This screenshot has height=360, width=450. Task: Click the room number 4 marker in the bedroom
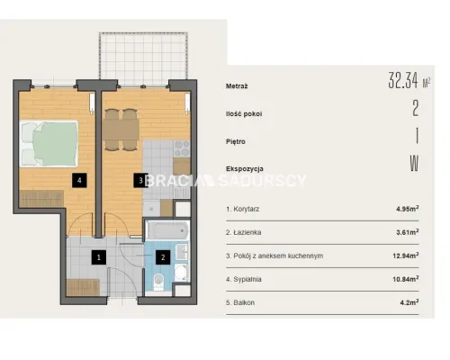[x=79, y=180]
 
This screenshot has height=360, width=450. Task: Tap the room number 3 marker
[x=140, y=180]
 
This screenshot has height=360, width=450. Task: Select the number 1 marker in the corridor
[x=99, y=257]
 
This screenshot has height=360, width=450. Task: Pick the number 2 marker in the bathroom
[x=163, y=257]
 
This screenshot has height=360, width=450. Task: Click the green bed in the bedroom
[x=49, y=143]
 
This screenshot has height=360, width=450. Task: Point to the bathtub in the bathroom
[x=167, y=230]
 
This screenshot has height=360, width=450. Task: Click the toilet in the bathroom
[x=158, y=283]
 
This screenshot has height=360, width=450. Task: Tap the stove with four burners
[x=182, y=148]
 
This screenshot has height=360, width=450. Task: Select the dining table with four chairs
[x=121, y=130]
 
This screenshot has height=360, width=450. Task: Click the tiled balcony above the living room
[x=144, y=58]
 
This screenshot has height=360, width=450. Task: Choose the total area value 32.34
[x=403, y=80]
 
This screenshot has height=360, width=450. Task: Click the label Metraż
[x=237, y=86]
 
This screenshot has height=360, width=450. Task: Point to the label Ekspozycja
[x=245, y=169]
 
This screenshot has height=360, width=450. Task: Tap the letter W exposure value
[x=414, y=164]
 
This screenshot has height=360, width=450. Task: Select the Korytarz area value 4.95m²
[x=408, y=209]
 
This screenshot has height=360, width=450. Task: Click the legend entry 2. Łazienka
[x=244, y=232]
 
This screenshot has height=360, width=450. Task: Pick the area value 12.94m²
[x=406, y=256]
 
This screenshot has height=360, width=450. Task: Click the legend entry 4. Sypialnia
[x=244, y=279]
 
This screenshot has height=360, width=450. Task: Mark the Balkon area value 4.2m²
[x=409, y=302]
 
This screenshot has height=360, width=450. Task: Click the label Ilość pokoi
[x=244, y=114]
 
